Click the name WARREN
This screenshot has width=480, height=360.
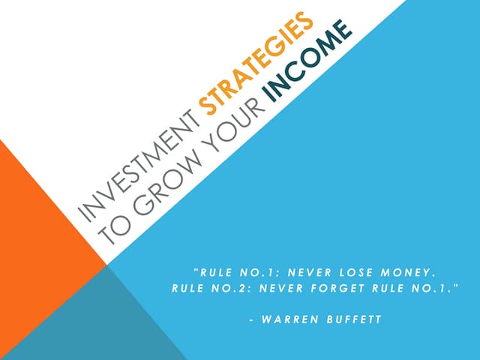tap(292, 320)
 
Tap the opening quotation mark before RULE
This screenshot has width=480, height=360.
tap(195, 268)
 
